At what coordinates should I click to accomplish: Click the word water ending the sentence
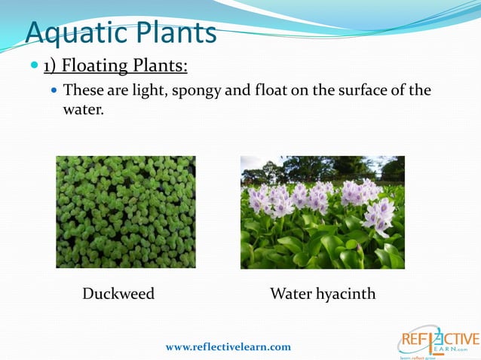[x=80, y=110]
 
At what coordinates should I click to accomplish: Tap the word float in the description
[x=250, y=90]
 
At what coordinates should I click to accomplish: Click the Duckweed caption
[x=118, y=294]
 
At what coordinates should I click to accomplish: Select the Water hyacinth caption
[x=322, y=294]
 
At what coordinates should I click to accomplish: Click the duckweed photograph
[x=125, y=212]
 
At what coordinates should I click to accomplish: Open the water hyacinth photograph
[x=322, y=212]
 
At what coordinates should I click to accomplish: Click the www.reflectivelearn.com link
[x=228, y=346]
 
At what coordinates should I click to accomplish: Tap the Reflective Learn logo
[x=438, y=343]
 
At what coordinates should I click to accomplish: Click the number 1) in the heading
[x=51, y=66]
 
